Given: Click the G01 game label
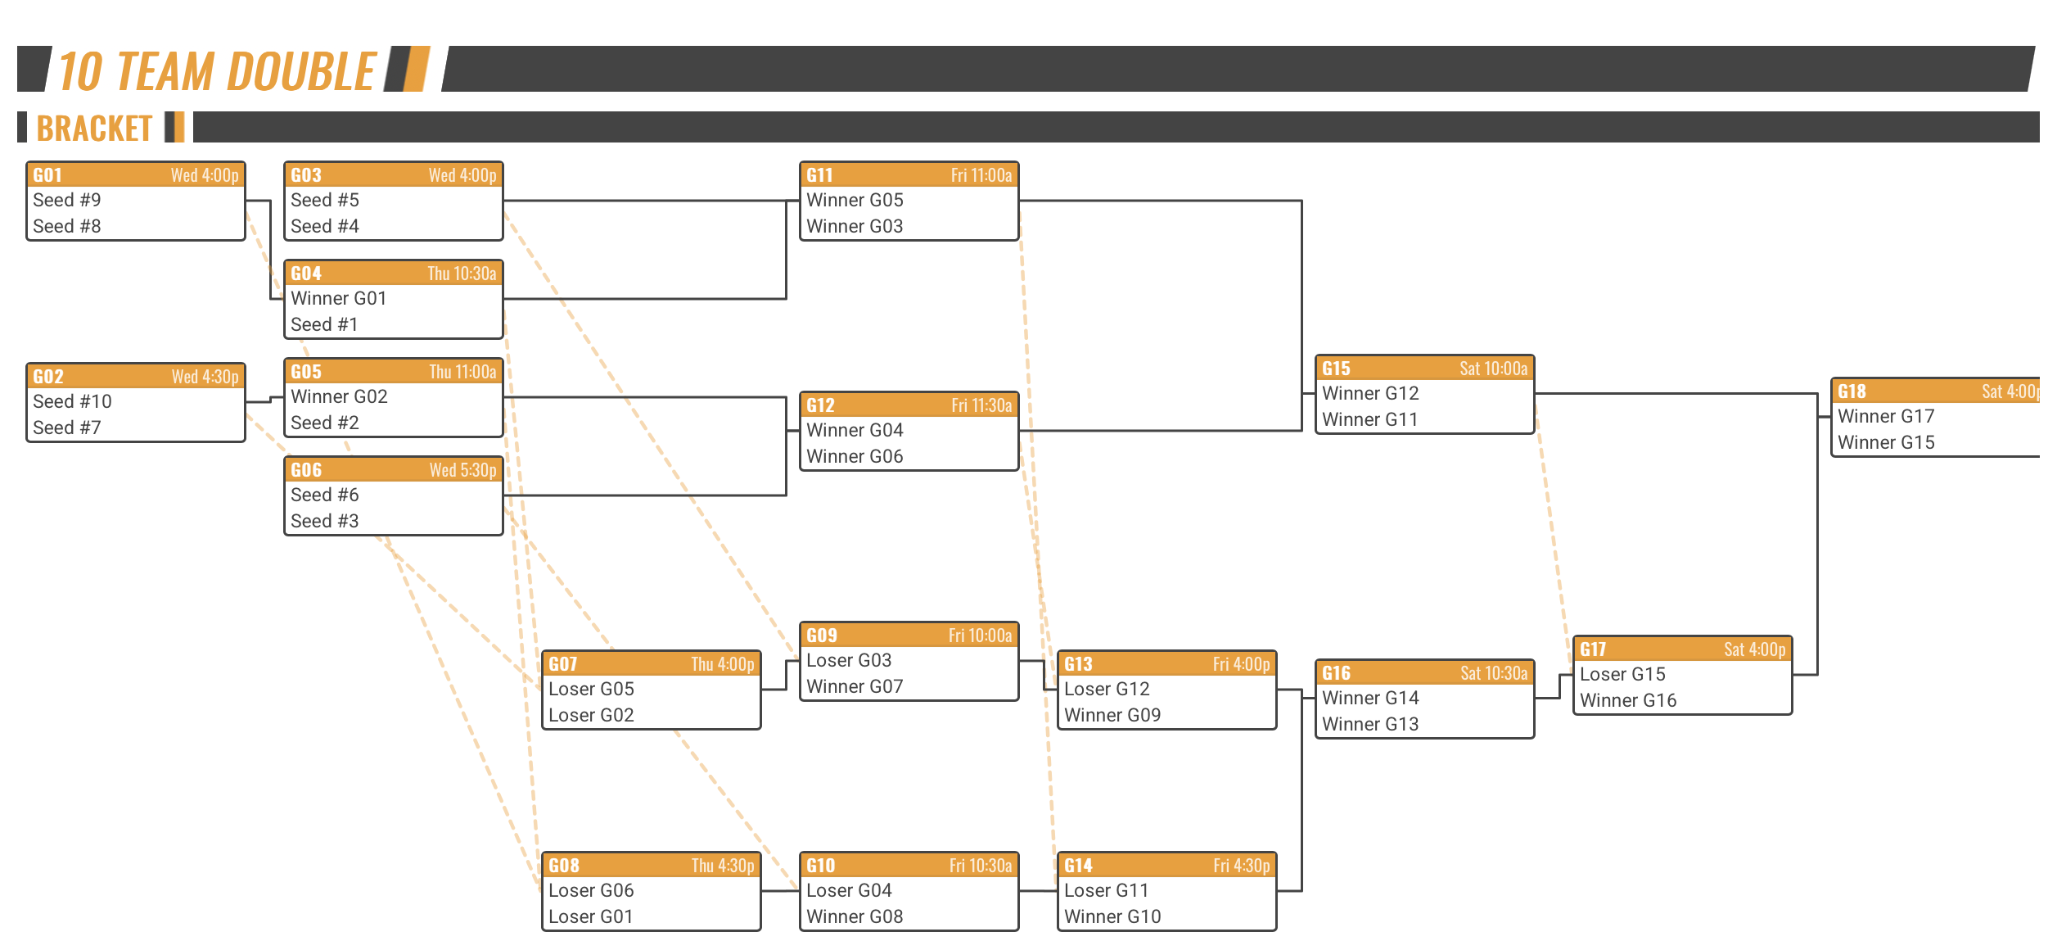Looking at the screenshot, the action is pyautogui.click(x=47, y=175).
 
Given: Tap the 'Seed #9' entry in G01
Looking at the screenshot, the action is pyautogui.click(x=67, y=200).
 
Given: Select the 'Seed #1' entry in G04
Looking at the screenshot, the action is pyautogui.click(x=324, y=324).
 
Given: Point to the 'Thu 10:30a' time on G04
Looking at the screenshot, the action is pyautogui.click(x=462, y=274).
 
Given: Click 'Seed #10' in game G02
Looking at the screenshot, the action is pyautogui.click(x=72, y=401).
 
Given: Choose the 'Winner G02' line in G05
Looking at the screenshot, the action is pyautogui.click(x=339, y=396).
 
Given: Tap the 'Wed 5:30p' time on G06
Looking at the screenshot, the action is pyautogui.click(x=463, y=470).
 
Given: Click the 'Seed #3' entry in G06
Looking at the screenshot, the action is pyautogui.click(x=325, y=521).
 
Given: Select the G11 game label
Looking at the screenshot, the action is pyautogui.click(x=819, y=175).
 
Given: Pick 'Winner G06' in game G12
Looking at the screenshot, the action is pyautogui.click(x=855, y=456).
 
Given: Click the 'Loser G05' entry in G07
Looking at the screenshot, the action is pyautogui.click(x=591, y=689).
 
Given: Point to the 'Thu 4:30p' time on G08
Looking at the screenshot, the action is pyautogui.click(x=723, y=866).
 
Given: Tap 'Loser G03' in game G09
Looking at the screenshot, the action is pyautogui.click(x=849, y=660).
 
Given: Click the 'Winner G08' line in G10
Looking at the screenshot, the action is pyautogui.click(x=855, y=916).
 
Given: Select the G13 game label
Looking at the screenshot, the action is pyautogui.click(x=1078, y=664).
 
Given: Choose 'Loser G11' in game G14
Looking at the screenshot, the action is pyautogui.click(x=1106, y=890).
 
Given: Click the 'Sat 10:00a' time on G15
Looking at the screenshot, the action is pyautogui.click(x=1494, y=369).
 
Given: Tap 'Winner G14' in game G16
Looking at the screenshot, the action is pyautogui.click(x=1370, y=698).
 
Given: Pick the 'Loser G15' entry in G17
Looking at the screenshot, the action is pyautogui.click(x=1622, y=674).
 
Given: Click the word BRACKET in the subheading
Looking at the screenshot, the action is pyautogui.click(x=95, y=129).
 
